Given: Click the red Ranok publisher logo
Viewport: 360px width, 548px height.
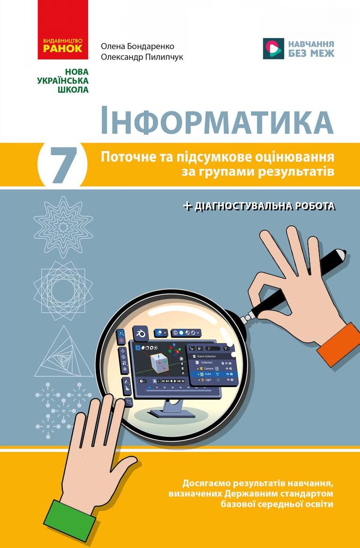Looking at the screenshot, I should [63, 30].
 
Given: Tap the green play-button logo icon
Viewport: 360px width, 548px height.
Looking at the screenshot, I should [273, 48].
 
